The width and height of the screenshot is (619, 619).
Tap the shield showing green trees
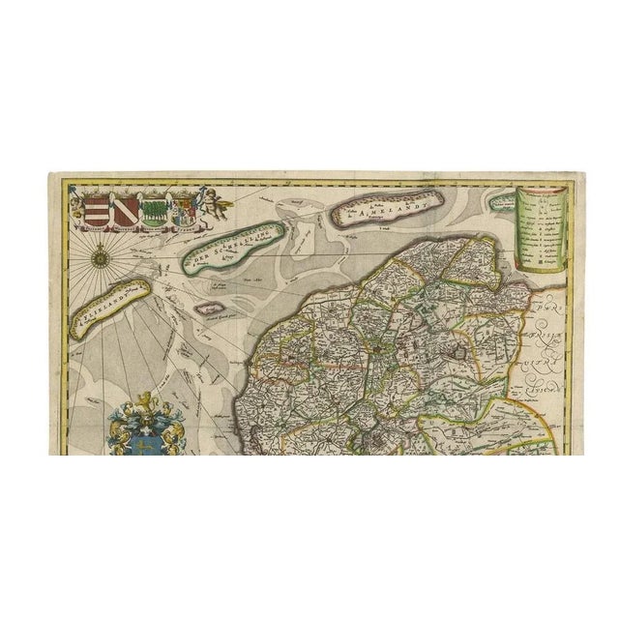coord(156,210)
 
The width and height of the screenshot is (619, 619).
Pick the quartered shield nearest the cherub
coord(182,209)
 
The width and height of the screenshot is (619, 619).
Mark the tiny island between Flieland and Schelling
coord(206,309)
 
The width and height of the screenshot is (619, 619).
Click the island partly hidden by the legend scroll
coord(501,203)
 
